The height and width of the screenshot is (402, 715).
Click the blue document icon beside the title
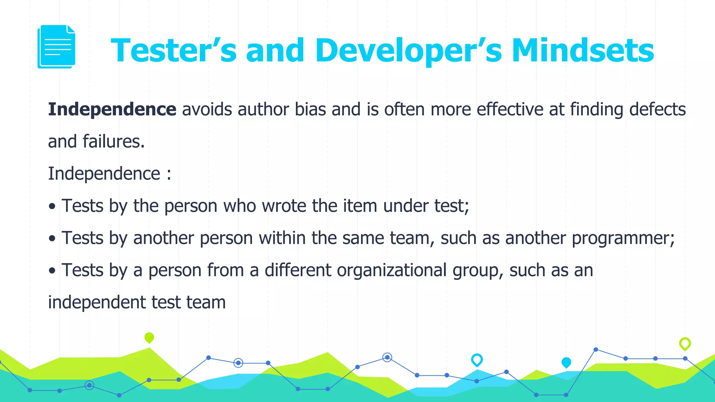coord(57,46)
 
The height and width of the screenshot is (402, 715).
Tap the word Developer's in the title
coord(408,51)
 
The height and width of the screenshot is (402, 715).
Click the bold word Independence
coord(112,109)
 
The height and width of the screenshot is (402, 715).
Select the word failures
coord(113,142)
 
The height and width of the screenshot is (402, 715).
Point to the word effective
coord(510,109)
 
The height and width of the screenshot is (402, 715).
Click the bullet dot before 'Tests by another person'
coord(52,239)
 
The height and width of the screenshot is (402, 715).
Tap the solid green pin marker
coord(149,337)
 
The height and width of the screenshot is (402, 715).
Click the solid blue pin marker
coord(566,362)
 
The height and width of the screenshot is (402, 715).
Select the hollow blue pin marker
coord(477,359)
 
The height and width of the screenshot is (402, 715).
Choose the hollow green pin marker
coord(685,343)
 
